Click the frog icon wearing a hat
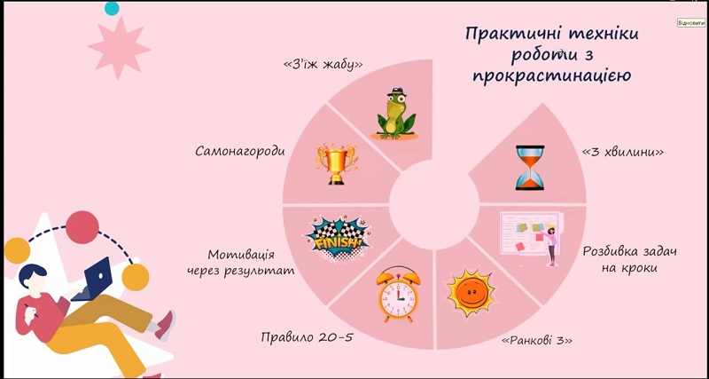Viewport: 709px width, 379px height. point(396,114)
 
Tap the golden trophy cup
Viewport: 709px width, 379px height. point(337,164)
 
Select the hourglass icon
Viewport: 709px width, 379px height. point(530,167)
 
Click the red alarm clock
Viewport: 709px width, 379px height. point(398,295)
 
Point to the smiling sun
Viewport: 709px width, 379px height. point(470,292)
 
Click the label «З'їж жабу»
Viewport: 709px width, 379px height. point(323,65)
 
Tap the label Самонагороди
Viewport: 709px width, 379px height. point(240,151)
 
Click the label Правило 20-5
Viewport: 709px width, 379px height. point(307,337)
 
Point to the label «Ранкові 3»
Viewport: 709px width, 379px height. point(537,341)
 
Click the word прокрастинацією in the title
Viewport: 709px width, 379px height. point(551,75)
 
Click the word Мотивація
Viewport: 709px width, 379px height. point(241,255)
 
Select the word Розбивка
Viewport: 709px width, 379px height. point(610,251)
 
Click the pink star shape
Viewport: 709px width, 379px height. point(120,48)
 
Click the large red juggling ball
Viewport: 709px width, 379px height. point(82,227)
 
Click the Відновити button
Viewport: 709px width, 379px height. point(691,23)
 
